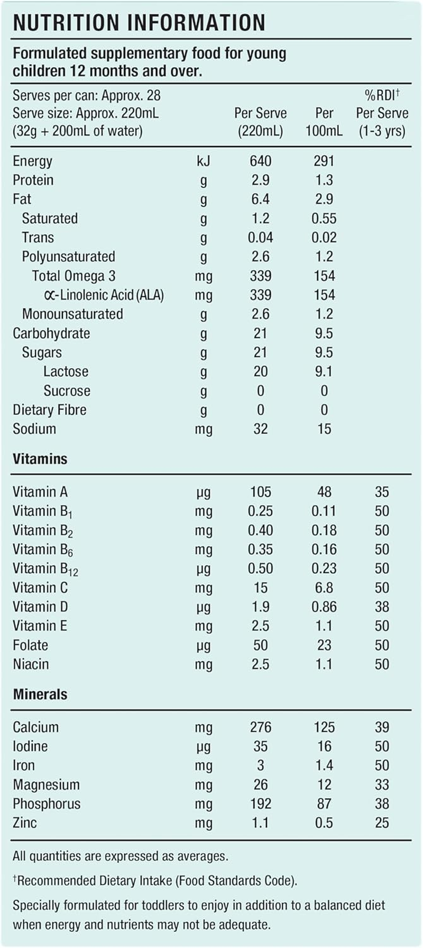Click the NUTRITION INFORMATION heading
[x=139, y=23]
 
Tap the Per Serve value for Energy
[x=260, y=161]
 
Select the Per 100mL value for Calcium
[x=324, y=727]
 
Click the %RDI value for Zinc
[x=382, y=823]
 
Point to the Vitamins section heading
[x=40, y=459]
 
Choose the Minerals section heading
[x=40, y=694]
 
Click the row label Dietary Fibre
[x=50, y=410]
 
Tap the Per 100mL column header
[x=324, y=122]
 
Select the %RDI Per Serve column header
[x=382, y=113]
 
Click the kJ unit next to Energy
[x=203, y=161]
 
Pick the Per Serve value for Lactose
[x=260, y=372]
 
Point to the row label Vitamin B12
[x=45, y=569]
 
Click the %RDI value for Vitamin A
[x=382, y=492]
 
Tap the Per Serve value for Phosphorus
[x=260, y=803]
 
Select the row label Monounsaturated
[x=72, y=314]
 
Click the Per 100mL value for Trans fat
[x=324, y=238]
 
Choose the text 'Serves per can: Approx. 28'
[x=87, y=96]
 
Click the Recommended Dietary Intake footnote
[x=155, y=881]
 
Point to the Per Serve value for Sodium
[x=260, y=429]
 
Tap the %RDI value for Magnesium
[x=382, y=784]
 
